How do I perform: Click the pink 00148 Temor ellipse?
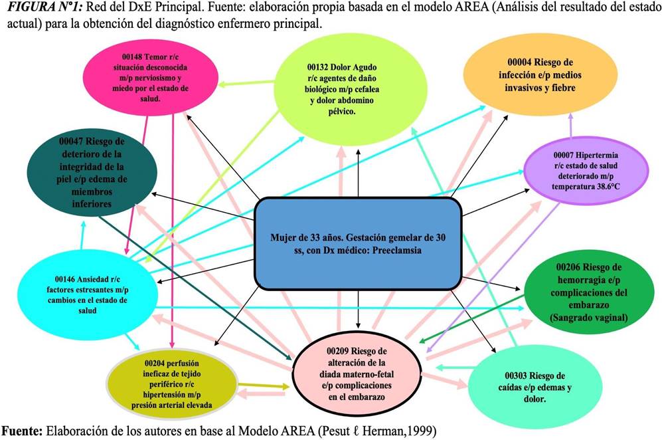[x=150, y=78]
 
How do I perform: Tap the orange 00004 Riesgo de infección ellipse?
[x=540, y=75]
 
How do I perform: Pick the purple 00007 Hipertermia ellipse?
[x=586, y=171]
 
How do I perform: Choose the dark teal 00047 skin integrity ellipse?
[x=92, y=172]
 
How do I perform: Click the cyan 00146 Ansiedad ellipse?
[x=88, y=294]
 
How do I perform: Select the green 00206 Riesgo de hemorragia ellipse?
[x=592, y=292]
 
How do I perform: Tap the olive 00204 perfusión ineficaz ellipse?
[x=171, y=384]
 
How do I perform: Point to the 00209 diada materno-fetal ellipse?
[x=357, y=374]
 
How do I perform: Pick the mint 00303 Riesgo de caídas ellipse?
[x=535, y=387]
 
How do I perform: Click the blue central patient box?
[x=358, y=243]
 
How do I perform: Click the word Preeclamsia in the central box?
[x=397, y=250]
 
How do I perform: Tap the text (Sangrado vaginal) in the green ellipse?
[x=588, y=318]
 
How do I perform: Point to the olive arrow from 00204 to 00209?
[x=264, y=386]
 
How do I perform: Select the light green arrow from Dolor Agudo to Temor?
[x=246, y=83]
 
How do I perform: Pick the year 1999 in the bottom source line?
[x=425, y=431]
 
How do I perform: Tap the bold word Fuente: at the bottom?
[x=22, y=431]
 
